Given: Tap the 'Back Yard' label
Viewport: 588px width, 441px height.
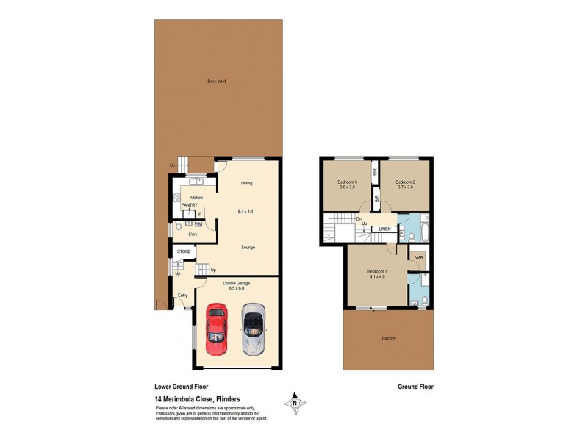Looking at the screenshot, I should [x=216, y=81].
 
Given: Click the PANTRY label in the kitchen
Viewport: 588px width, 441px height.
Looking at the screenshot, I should [x=190, y=206].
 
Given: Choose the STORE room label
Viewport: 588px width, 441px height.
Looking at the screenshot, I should [x=183, y=251].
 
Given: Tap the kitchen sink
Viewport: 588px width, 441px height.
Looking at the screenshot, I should [x=196, y=182].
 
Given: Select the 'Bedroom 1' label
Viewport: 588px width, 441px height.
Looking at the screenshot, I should [x=378, y=271].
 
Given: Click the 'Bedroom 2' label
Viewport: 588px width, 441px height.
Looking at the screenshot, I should [x=406, y=182].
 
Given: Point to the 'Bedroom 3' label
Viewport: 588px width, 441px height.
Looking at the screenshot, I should [x=347, y=182].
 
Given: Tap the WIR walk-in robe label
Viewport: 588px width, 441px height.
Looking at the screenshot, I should [x=419, y=258].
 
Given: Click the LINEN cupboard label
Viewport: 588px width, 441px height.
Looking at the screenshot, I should [x=384, y=229].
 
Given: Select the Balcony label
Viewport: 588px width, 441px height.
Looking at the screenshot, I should [x=389, y=338].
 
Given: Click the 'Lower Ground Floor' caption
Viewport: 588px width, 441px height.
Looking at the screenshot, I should [x=182, y=385].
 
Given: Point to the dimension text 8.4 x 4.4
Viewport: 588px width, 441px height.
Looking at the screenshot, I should [x=245, y=212].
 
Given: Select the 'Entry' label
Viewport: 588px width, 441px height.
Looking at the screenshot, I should [x=182, y=295].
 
